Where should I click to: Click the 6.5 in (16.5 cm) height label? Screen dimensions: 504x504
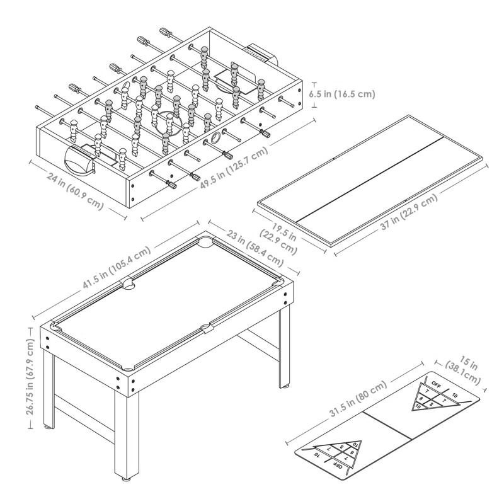pyautogui.click(x=342, y=94)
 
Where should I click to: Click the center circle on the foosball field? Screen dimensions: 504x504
pyautogui.click(x=168, y=119)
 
